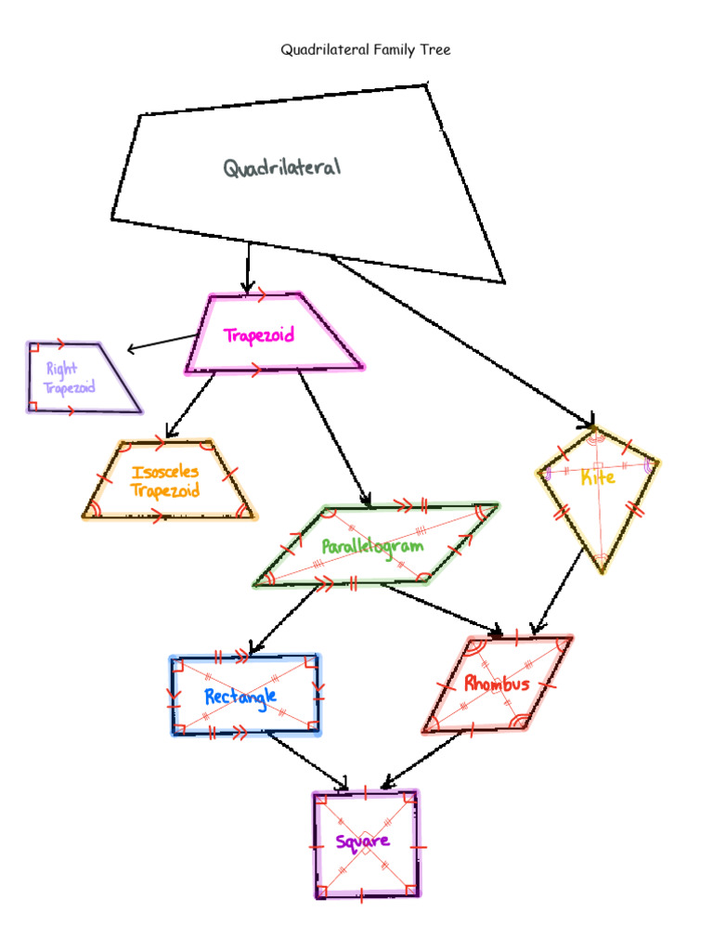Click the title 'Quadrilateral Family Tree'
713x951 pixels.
tap(366, 50)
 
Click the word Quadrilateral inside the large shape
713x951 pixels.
tap(281, 168)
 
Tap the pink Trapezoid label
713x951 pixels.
tap(259, 335)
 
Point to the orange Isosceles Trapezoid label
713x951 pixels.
tap(165, 481)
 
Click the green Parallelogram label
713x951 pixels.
tap(372, 546)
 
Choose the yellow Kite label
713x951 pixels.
tap(597, 478)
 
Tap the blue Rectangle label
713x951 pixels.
tap(240, 696)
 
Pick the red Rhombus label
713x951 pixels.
tap(497, 684)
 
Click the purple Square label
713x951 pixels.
tap(362, 842)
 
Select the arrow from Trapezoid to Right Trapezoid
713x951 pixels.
tap(162, 344)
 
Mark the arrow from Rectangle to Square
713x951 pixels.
tap(306, 761)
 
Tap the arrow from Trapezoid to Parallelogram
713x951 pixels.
tap(334, 436)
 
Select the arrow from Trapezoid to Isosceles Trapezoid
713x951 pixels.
tap(190, 405)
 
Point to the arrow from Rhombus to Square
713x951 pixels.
tap(423, 759)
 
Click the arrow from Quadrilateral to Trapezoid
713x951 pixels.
tap(248, 267)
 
